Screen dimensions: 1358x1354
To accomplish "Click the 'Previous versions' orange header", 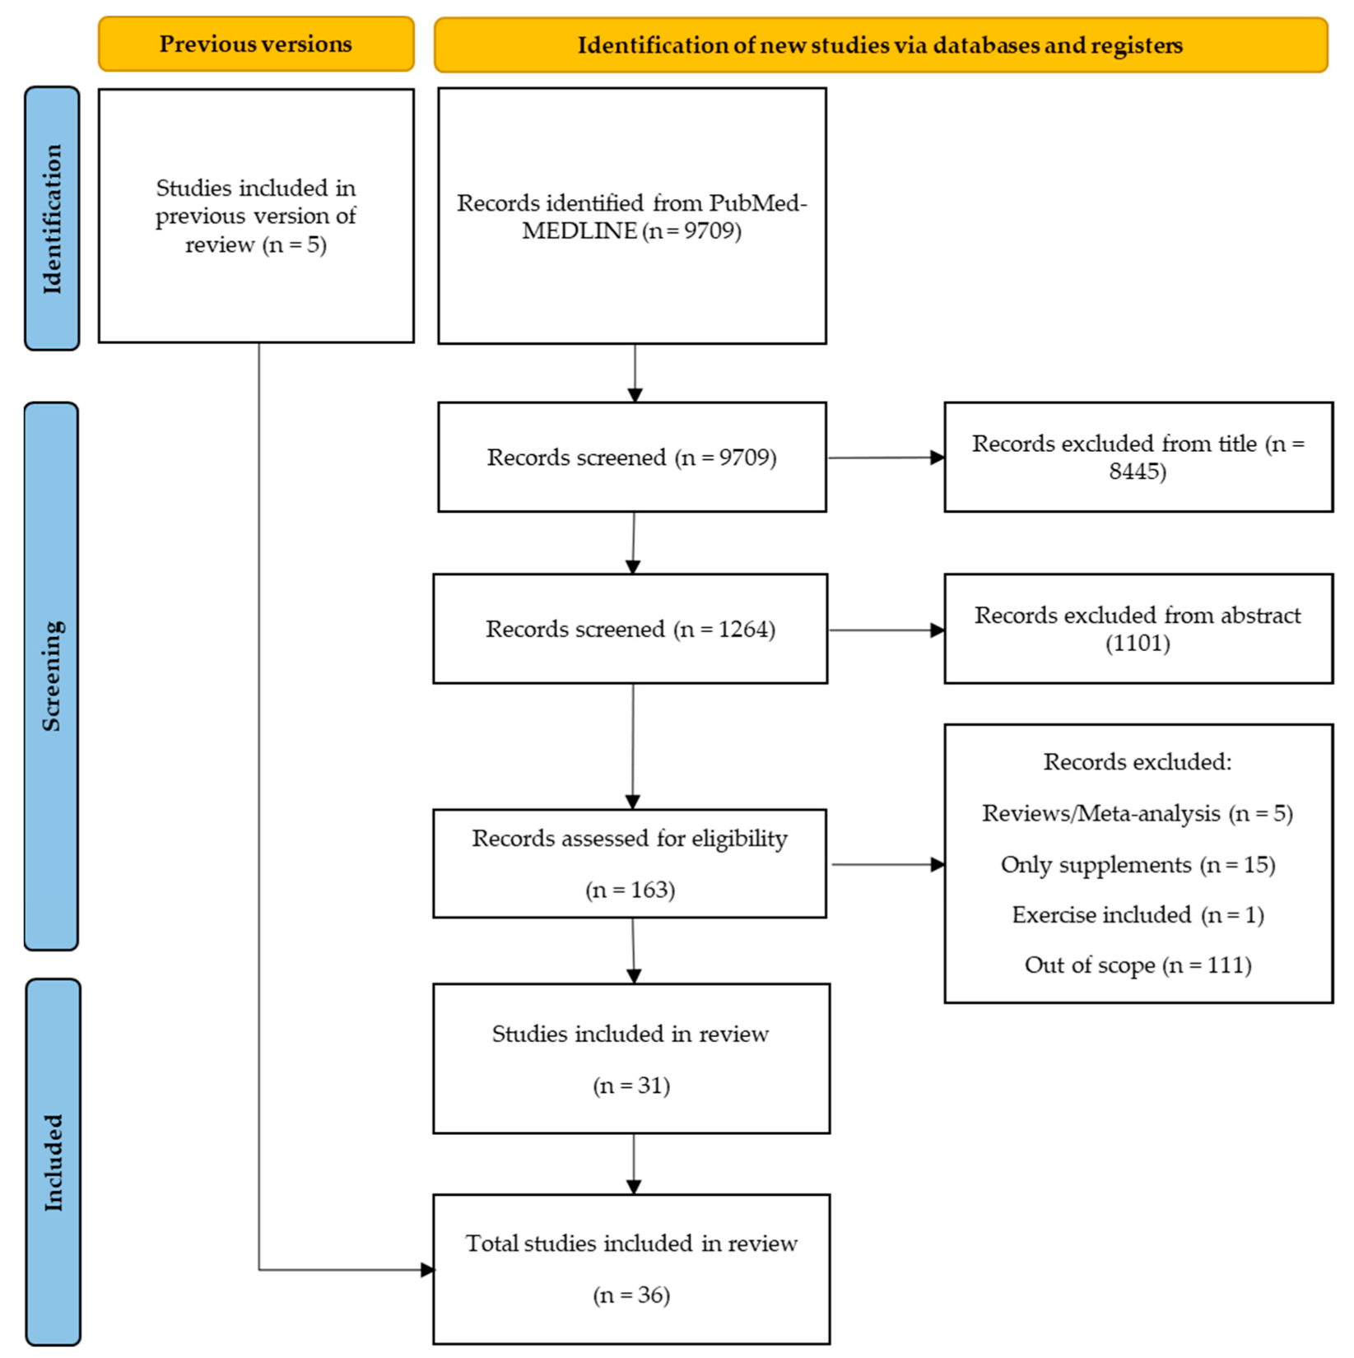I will [x=256, y=44].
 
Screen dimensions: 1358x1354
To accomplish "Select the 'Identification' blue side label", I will [x=52, y=219].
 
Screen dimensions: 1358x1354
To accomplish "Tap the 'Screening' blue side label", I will [x=52, y=676].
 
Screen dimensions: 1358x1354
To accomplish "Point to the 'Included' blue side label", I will [x=53, y=1162].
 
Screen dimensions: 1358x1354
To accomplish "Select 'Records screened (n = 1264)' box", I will [x=630, y=630].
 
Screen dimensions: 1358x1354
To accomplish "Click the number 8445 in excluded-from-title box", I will [x=1136, y=472].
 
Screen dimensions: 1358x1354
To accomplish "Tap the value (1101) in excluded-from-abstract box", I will [x=1138, y=643].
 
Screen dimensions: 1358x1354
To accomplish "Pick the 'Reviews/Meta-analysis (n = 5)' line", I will [x=1138, y=814].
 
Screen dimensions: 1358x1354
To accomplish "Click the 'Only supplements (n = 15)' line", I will [x=1138, y=865].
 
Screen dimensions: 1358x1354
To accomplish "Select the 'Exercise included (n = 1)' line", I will [x=1138, y=915].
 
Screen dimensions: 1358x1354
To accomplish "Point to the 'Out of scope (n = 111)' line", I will [x=1138, y=965].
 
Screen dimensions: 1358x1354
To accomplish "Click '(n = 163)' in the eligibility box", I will [x=630, y=891].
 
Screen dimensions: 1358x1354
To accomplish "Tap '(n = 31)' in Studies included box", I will [x=631, y=1086].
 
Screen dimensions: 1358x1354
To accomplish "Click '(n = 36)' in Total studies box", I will [x=631, y=1295].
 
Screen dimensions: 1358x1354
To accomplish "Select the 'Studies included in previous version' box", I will [x=256, y=216].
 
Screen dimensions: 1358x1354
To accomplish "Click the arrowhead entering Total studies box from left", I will [x=427, y=1270].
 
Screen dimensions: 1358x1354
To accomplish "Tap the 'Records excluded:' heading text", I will [x=1138, y=762].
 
